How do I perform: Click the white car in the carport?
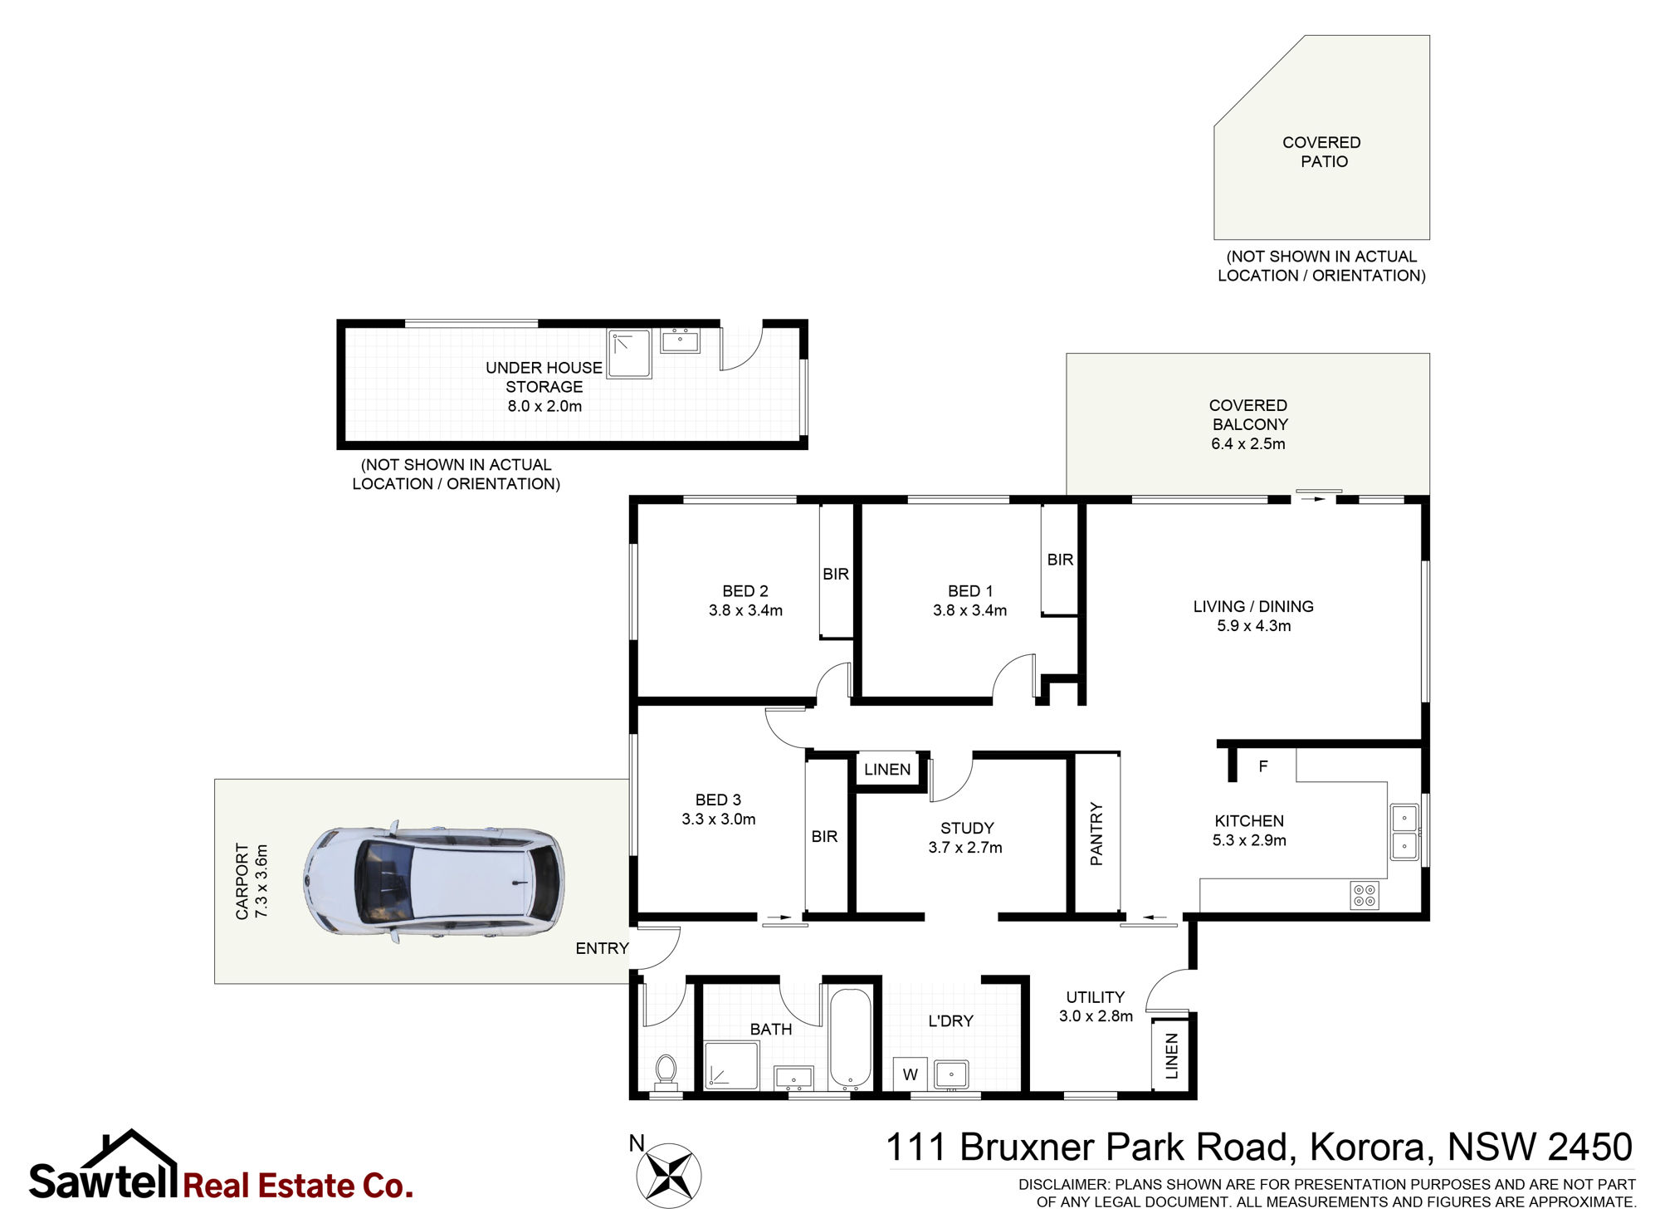[x=433, y=882]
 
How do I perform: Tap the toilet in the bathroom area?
[x=666, y=1069]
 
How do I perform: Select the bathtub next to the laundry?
[x=850, y=1038]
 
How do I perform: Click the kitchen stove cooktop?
[x=1365, y=895]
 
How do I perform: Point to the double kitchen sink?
[x=1404, y=832]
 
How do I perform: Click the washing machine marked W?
[x=911, y=1074]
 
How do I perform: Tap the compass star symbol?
[x=669, y=1175]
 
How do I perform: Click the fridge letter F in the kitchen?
[x=1263, y=766]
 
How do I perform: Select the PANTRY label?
[x=1096, y=834]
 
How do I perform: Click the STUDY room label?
[x=967, y=828]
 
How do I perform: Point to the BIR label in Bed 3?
[x=824, y=836]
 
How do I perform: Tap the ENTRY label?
[x=602, y=948]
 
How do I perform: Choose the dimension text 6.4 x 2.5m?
[x=1247, y=443]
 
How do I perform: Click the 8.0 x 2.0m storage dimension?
[x=544, y=406]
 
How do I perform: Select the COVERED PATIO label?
[x=1322, y=152]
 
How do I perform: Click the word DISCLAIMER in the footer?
[x=1063, y=1184]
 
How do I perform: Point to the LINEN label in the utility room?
[x=1171, y=1056]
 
